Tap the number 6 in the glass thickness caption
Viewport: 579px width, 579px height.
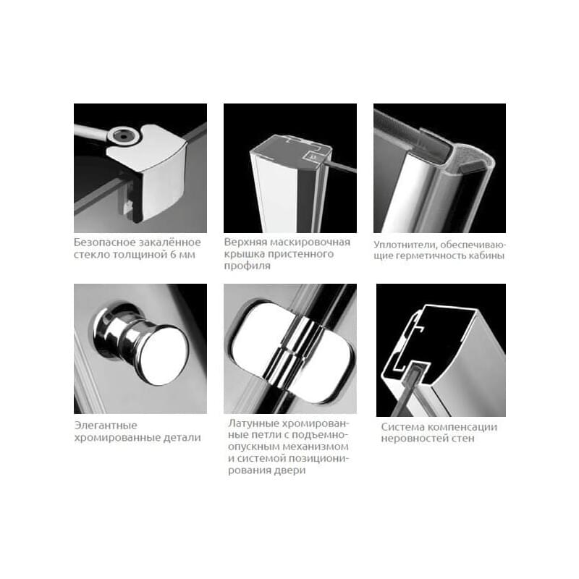[174, 255]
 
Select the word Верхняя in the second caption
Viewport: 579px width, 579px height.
[245, 242]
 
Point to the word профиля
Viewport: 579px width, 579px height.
[247, 266]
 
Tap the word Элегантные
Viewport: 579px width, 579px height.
[106, 426]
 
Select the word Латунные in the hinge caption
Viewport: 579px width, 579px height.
[252, 423]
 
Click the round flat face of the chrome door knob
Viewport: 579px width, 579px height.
[164, 355]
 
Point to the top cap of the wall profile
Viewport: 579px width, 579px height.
[292, 148]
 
